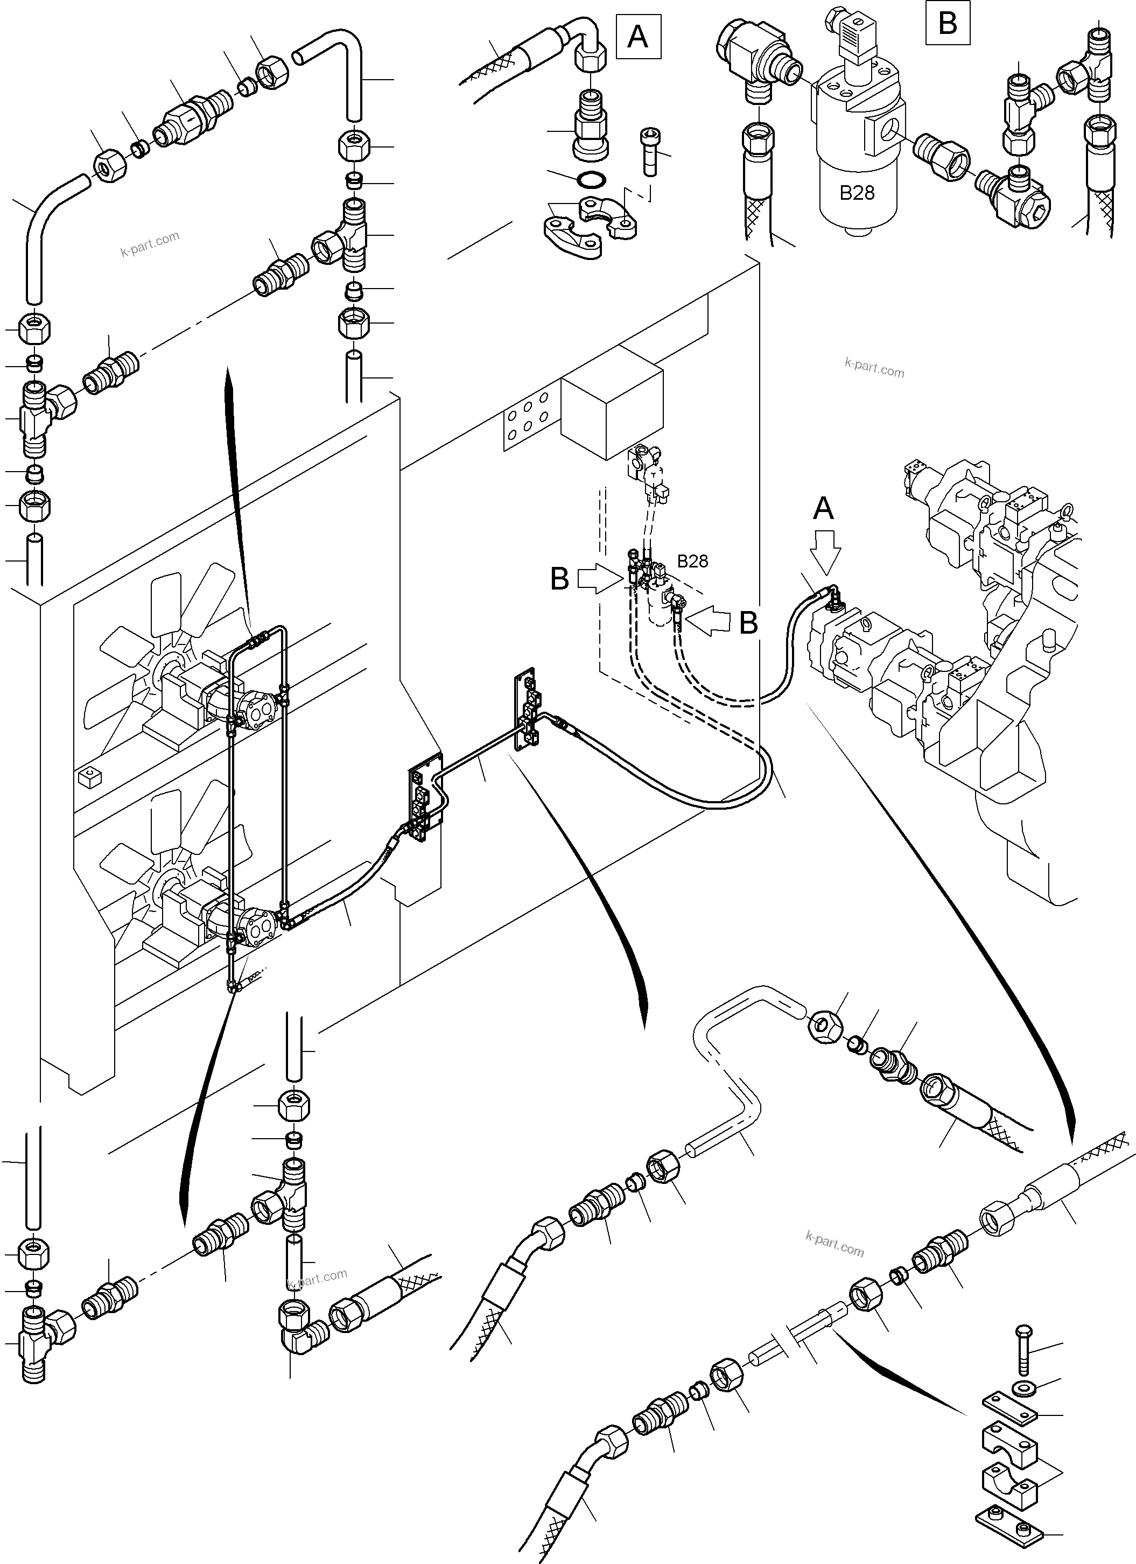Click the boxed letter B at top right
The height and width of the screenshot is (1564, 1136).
point(948,24)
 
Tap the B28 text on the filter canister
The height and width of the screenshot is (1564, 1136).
point(857,193)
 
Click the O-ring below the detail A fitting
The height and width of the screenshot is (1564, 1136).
point(590,179)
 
